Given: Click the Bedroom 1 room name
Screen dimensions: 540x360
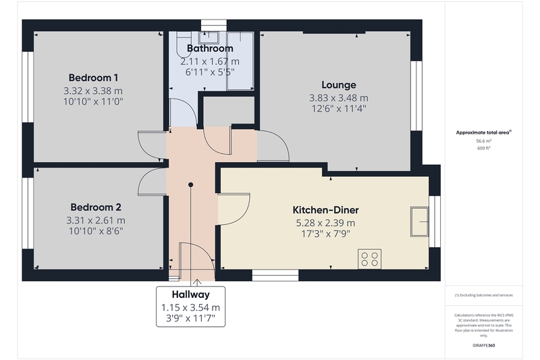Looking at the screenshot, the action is (x=93, y=78).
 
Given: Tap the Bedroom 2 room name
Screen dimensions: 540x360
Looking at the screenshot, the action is (x=96, y=207).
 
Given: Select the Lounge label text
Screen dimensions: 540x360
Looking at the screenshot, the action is (x=339, y=85).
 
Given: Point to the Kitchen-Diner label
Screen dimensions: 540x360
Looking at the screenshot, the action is (x=326, y=210).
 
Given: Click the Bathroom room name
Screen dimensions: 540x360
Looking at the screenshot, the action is (x=210, y=49).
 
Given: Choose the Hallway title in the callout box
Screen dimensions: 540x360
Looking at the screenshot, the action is (x=191, y=294).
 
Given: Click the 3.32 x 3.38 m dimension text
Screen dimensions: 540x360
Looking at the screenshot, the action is (x=93, y=91).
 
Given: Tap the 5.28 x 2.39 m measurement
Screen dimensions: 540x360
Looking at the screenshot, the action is (x=326, y=224).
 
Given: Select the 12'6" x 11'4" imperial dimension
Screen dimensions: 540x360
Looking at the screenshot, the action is (x=339, y=109).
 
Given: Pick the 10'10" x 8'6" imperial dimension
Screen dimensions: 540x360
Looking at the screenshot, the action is (x=96, y=231).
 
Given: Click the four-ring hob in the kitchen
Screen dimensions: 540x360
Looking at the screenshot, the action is (x=369, y=259).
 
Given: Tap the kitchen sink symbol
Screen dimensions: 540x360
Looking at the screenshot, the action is (x=419, y=222).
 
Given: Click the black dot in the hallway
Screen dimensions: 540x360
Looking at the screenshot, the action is (x=190, y=185).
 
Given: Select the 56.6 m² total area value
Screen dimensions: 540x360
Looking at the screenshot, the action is (x=484, y=141).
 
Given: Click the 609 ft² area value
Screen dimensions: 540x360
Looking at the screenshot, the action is (x=484, y=148).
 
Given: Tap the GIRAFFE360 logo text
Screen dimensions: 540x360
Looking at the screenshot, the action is (x=484, y=346).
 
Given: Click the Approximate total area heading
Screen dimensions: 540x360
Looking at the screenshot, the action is (x=483, y=132).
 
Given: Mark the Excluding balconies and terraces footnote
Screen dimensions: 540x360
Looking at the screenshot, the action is (x=484, y=295).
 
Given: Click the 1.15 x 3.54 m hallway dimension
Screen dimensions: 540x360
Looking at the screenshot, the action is (x=191, y=307).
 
